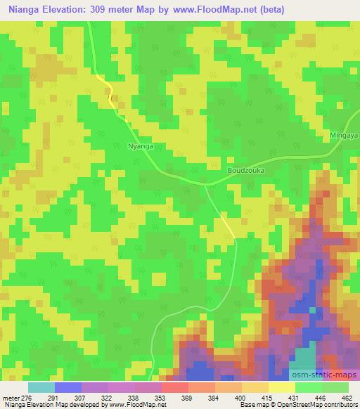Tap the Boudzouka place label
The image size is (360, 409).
[245, 170]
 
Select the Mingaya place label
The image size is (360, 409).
[344, 134]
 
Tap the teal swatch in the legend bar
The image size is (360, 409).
[41, 387]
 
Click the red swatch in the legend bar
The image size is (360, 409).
[175, 387]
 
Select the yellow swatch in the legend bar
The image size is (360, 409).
[282, 387]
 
